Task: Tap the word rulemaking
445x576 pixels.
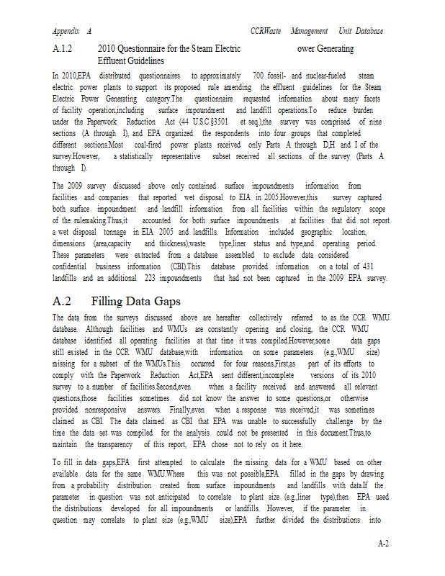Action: (x=97, y=220)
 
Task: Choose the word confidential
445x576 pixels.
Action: (x=73, y=266)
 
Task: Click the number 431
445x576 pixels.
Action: (x=379, y=266)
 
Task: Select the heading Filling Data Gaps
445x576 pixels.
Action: (x=136, y=301)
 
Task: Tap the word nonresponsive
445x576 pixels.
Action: (x=109, y=410)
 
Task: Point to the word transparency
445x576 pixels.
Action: (x=107, y=444)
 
